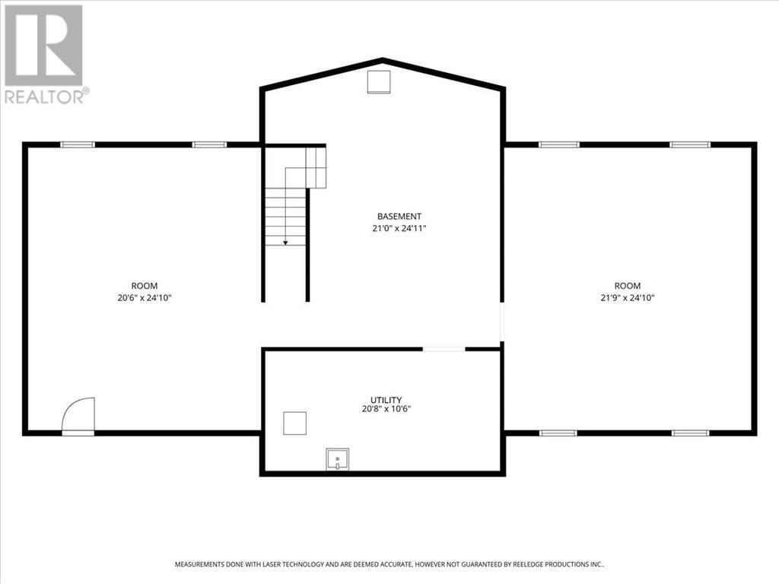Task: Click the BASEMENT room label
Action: coord(399,216)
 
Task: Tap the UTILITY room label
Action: coord(386,400)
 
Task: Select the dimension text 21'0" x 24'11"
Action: coord(399,228)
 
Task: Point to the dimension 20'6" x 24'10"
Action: coord(144,298)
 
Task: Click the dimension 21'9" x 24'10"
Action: coord(628,298)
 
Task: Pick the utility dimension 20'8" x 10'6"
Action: coord(386,409)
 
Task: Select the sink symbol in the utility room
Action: coord(338,459)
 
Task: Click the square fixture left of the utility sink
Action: coord(294,423)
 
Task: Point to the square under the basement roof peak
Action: coord(378,81)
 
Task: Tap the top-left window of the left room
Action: coord(78,144)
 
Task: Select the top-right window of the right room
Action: coord(689,144)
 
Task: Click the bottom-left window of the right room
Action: coord(558,433)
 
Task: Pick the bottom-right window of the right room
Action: coord(689,433)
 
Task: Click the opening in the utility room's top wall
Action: coord(444,349)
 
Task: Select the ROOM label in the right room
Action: coord(628,286)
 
